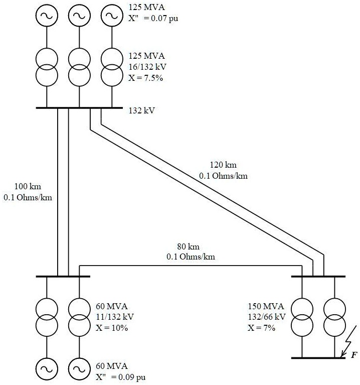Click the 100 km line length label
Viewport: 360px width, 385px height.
[x=28, y=188]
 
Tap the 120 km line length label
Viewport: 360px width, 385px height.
[x=223, y=165]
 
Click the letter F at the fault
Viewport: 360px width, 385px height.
[x=354, y=355]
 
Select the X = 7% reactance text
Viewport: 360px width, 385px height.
[x=263, y=327]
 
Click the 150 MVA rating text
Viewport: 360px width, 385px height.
[x=266, y=307]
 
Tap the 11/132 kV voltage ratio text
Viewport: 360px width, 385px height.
[x=115, y=317]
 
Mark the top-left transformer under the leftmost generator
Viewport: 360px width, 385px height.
[x=47, y=68]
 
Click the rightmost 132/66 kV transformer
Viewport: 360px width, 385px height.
[x=333, y=317]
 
